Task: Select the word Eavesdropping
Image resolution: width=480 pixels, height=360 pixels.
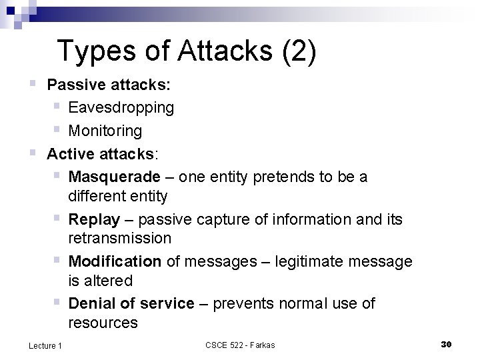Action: tap(121, 107)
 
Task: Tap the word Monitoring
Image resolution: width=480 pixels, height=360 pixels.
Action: tap(105, 130)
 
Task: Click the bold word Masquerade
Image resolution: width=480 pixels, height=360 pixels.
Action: tap(114, 177)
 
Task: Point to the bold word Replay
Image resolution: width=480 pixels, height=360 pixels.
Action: tap(94, 219)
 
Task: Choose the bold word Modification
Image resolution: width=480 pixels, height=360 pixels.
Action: tap(115, 261)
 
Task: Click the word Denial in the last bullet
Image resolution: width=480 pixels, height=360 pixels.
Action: tap(91, 303)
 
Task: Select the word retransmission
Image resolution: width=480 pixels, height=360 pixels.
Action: tap(119, 238)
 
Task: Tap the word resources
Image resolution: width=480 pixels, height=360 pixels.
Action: tap(103, 323)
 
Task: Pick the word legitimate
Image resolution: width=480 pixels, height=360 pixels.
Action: tap(323, 261)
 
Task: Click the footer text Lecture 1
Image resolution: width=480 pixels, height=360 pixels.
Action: tap(45, 345)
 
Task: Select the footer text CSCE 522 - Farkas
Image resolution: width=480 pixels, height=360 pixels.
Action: tap(240, 345)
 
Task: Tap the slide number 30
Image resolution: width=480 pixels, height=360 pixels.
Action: tap(447, 344)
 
